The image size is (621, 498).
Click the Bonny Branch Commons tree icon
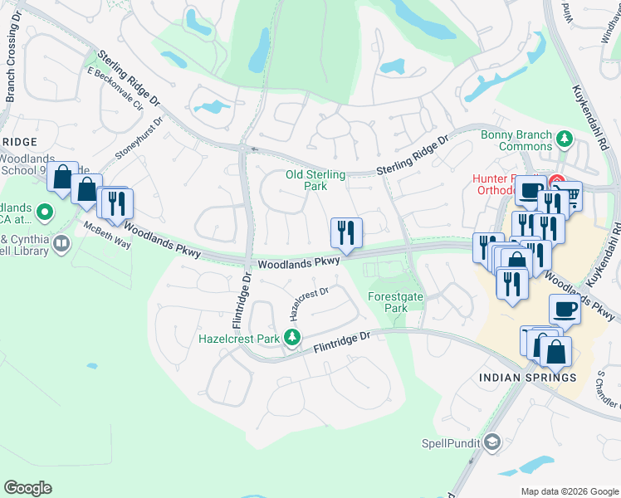point(565,137)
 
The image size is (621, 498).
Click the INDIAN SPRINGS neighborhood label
point(527,378)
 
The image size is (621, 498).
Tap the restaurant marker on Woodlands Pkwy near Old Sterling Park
point(345,232)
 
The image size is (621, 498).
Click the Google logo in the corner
point(27,488)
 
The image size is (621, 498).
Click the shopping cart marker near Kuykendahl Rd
point(571,196)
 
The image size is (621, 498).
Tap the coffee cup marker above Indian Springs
point(565,310)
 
